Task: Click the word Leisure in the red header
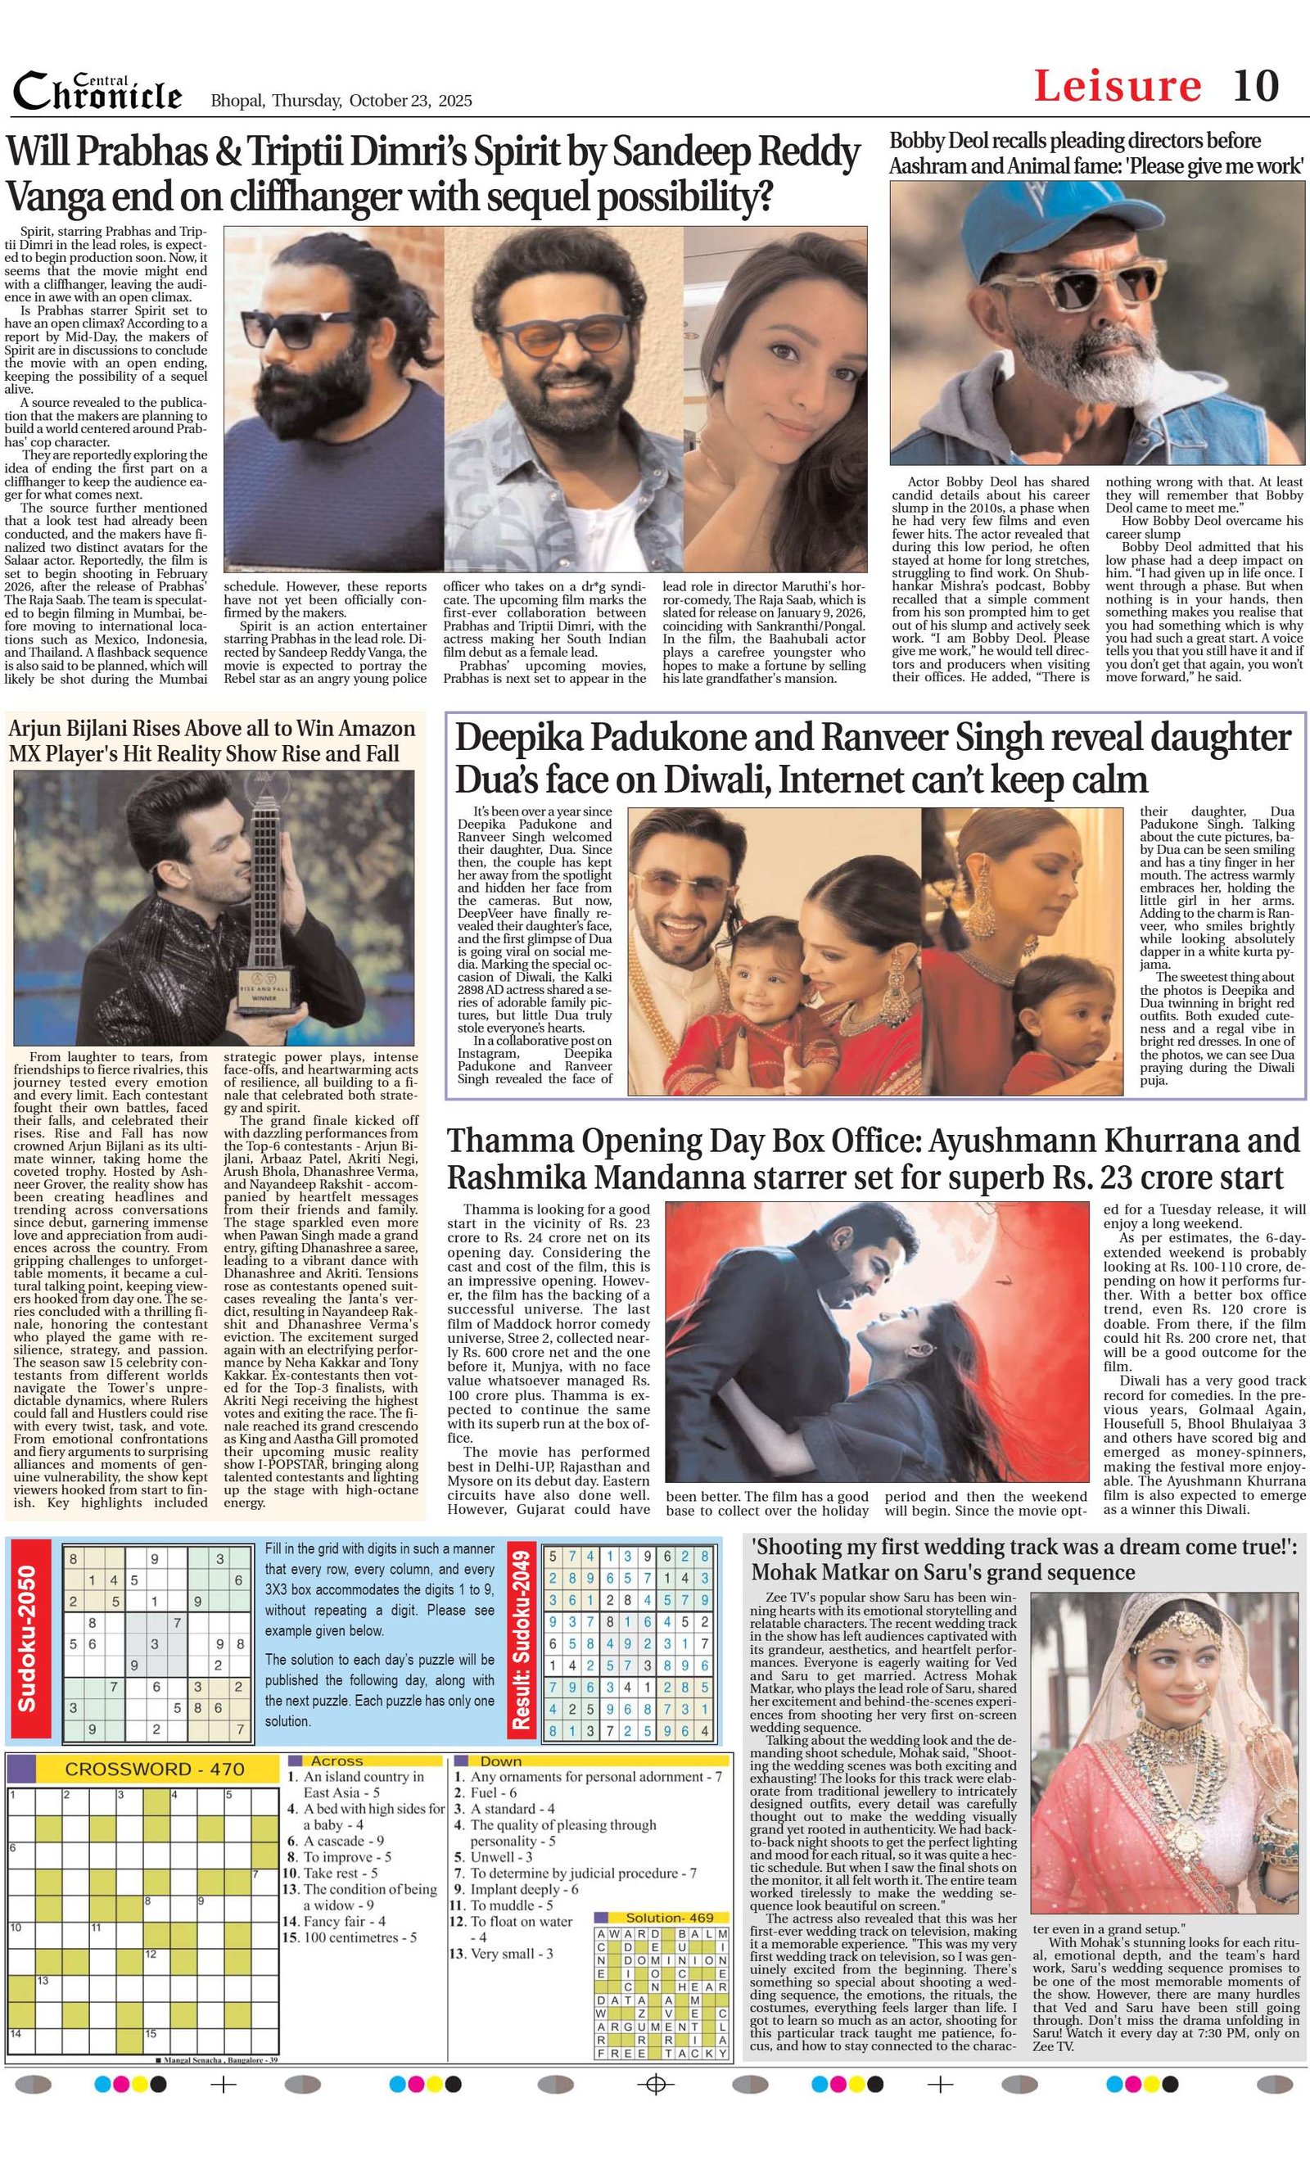pos(1117,86)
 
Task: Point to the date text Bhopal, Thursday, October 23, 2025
pos(341,100)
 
